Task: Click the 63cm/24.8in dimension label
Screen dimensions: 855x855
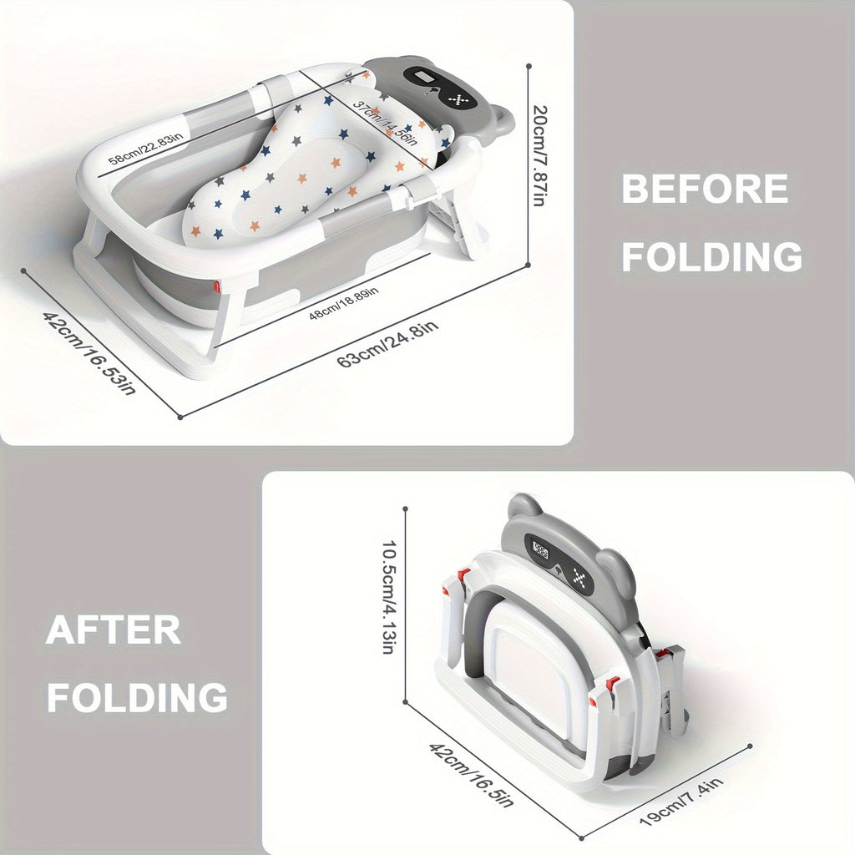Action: click(x=387, y=345)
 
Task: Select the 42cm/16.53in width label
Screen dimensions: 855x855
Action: click(x=89, y=353)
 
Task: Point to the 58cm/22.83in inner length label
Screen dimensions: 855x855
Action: click(x=146, y=149)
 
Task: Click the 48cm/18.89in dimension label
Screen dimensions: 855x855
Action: click(x=343, y=303)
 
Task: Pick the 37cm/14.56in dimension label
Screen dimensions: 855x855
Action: click(x=385, y=124)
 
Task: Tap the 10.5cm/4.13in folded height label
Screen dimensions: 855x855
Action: click(x=388, y=597)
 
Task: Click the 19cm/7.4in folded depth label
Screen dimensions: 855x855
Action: click(x=681, y=802)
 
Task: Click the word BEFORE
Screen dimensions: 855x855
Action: click(x=705, y=189)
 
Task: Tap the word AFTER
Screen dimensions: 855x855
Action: click(x=114, y=630)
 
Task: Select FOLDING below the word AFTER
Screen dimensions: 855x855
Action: click(x=137, y=697)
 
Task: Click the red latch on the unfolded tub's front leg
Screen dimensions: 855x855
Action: click(x=217, y=286)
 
